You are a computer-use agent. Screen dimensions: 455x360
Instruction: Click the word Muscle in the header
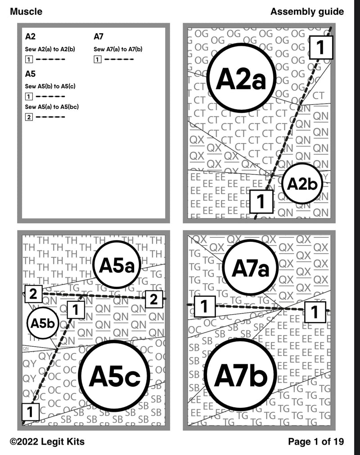point(26,12)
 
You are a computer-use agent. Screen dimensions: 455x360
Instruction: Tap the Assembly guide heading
point(307,12)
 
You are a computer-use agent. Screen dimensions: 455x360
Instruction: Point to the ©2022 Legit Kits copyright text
point(47,442)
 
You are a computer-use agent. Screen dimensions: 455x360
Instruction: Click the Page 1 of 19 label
point(316,442)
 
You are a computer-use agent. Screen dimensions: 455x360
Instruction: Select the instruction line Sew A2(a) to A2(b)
point(50,49)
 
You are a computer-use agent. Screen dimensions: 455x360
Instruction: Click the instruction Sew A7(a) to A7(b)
point(118,49)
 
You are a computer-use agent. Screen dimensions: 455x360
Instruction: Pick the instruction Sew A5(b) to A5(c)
point(50,86)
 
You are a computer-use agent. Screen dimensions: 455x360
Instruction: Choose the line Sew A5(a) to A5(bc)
point(51,107)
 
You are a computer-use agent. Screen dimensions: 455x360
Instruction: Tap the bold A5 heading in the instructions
point(31,73)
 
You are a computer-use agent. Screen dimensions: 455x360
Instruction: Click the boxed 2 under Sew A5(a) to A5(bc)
point(29,117)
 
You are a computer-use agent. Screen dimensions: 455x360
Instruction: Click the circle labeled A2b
point(302,184)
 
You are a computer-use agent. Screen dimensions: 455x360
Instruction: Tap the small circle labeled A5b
point(43,323)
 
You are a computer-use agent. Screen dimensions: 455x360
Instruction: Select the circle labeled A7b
point(240,376)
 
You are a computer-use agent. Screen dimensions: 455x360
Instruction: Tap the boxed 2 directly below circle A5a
point(153,299)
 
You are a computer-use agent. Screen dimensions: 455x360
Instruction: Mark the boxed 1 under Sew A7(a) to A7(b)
point(97,59)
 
